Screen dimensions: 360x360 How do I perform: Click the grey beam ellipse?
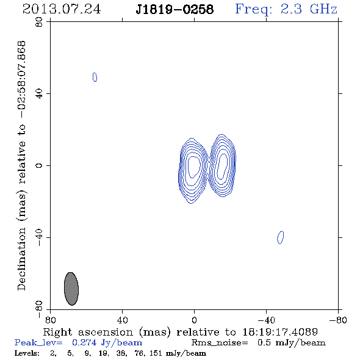71,289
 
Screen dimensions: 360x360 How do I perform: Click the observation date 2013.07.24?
62,9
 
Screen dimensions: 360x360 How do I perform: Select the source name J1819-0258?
175,9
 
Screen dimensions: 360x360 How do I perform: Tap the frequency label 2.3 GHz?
309,9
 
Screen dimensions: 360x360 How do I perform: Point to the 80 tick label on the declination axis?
39,22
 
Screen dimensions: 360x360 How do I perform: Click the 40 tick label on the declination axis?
39,94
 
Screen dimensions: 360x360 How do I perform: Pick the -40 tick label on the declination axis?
39,237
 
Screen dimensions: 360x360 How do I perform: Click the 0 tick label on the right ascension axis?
194,320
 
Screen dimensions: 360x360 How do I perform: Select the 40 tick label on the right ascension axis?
122,320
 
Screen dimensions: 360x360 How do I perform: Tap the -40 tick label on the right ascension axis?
266,320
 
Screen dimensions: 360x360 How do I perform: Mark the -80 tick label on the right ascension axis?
338,320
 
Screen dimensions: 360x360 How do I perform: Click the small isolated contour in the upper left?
95,77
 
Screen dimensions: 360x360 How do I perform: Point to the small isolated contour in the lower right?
280,237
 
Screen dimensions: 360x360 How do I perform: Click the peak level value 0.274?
84,342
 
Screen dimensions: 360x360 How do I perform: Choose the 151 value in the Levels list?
156,353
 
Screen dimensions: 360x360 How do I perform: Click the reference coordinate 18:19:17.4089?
280,332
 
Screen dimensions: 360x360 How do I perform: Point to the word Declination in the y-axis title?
21,259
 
